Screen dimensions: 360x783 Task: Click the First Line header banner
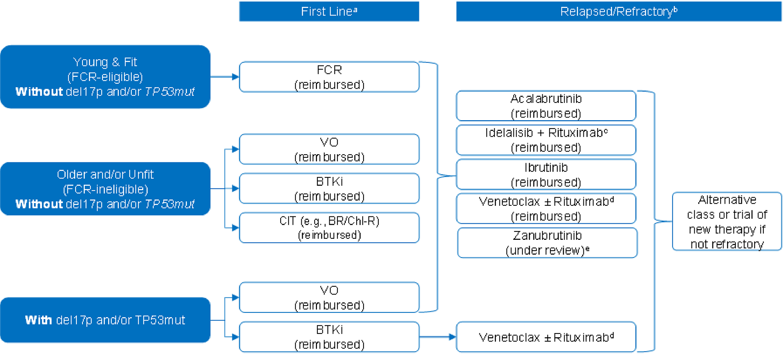(x=329, y=12)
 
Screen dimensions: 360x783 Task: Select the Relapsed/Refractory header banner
(x=618, y=12)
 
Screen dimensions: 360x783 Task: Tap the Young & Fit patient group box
(x=105, y=77)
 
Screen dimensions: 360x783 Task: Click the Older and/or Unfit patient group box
(x=105, y=189)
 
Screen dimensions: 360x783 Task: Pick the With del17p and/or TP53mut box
(x=105, y=320)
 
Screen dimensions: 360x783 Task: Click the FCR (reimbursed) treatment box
(x=329, y=77)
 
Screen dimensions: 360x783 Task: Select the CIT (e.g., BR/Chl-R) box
(x=329, y=228)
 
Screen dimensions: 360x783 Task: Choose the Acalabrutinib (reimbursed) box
(x=546, y=106)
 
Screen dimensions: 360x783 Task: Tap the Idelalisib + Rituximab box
(x=546, y=140)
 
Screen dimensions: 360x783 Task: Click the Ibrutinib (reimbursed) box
(x=546, y=175)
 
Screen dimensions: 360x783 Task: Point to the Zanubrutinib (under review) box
(x=547, y=243)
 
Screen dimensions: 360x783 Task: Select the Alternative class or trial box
(x=727, y=222)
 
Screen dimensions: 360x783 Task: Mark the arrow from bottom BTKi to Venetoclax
(x=438, y=337)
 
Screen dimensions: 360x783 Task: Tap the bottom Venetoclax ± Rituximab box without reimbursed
(x=546, y=337)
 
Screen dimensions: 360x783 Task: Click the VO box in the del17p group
(x=329, y=297)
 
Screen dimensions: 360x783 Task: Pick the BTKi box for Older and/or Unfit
(x=329, y=188)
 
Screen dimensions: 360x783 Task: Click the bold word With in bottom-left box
(x=38, y=320)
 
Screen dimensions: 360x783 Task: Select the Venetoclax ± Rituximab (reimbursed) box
(x=546, y=209)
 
